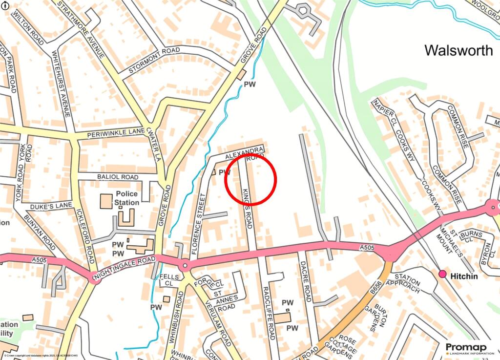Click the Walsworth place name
pos(458,50)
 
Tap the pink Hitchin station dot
pos(442,274)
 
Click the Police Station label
pos(127,198)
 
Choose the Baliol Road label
pos(117,177)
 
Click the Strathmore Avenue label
pos(82,29)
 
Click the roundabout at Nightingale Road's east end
pos(185,266)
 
